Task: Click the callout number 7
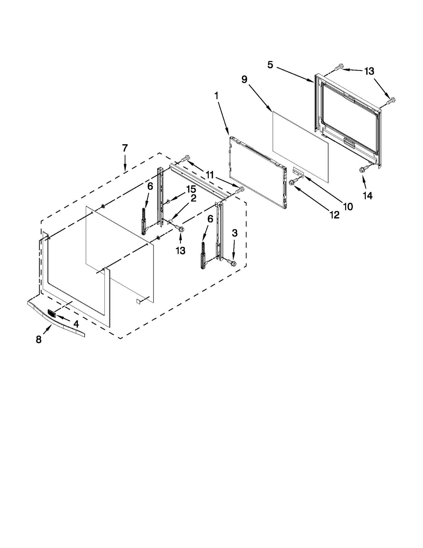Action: pos(125,148)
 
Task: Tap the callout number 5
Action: pos(270,65)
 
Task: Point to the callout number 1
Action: pos(216,96)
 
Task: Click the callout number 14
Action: pos(368,196)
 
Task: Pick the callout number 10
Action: pos(348,207)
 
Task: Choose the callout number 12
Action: pos(334,215)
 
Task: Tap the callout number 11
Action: pos(209,175)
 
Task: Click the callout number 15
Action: pos(191,189)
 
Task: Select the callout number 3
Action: pos(234,233)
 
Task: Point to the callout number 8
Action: pos(39,339)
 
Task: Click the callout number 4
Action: pos(76,324)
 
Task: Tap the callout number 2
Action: pos(193,198)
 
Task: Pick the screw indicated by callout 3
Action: pos(233,263)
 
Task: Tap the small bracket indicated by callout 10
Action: pos(299,171)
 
